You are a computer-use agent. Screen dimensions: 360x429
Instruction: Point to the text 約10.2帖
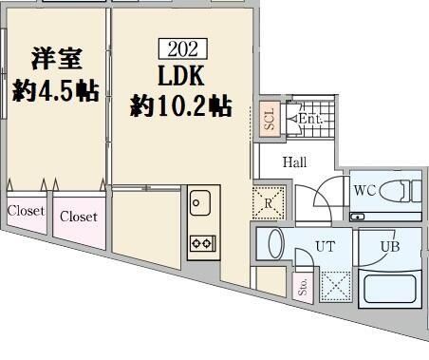179,106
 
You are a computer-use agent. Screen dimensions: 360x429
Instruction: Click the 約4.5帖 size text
55,91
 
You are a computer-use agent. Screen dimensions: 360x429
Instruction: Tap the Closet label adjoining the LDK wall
78,217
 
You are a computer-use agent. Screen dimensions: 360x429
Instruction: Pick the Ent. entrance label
310,120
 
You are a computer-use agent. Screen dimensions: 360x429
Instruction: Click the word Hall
294,162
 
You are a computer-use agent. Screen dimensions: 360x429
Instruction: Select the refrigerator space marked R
269,200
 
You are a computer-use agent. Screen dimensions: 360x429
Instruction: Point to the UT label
326,246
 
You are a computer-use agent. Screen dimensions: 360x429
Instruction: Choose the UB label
389,246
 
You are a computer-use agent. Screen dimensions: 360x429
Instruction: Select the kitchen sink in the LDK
200,202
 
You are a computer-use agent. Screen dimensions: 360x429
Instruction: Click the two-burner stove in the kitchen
200,242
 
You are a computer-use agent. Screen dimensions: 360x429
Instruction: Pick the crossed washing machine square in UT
336,284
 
